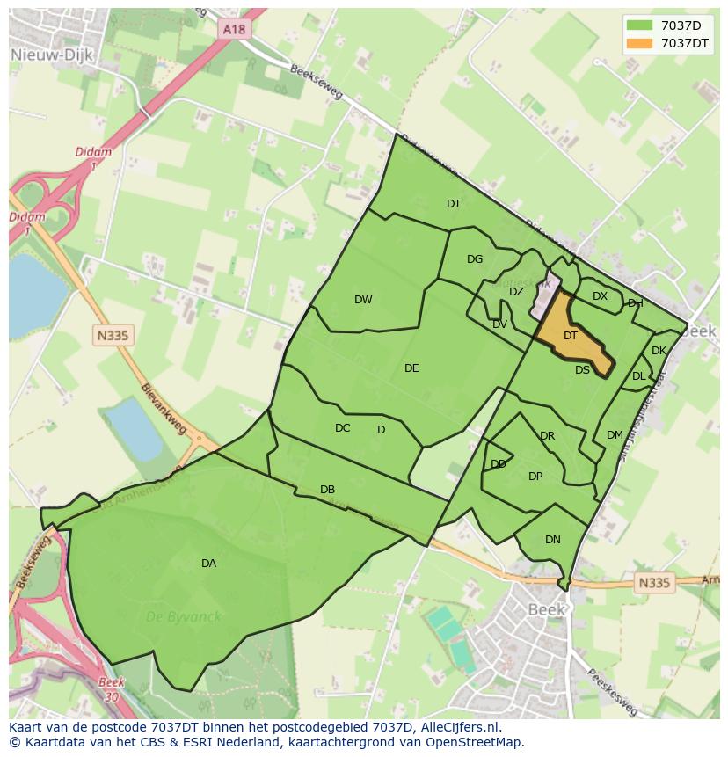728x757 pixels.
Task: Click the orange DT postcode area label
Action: point(571,336)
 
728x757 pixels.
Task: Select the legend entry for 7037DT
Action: point(685,43)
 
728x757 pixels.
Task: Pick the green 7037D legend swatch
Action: point(638,25)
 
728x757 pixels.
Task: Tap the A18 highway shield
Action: point(235,29)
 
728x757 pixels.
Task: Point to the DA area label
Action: point(208,564)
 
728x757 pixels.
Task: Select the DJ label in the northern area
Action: point(453,204)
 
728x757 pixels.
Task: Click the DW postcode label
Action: point(363,300)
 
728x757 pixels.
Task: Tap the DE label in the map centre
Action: point(411,368)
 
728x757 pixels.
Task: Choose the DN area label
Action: point(552,540)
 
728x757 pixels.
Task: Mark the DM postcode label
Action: point(615,435)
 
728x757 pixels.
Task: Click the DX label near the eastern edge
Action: point(600,296)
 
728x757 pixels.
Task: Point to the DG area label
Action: point(475,259)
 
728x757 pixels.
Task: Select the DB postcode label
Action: point(327,490)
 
